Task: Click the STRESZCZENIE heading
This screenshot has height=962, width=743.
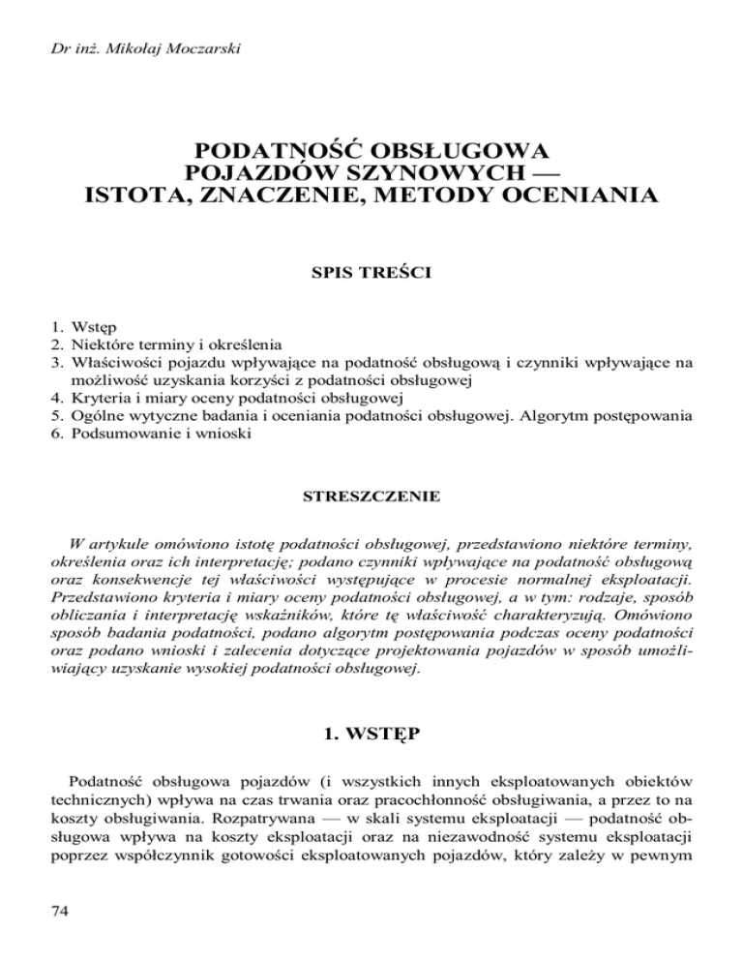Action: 372,497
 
